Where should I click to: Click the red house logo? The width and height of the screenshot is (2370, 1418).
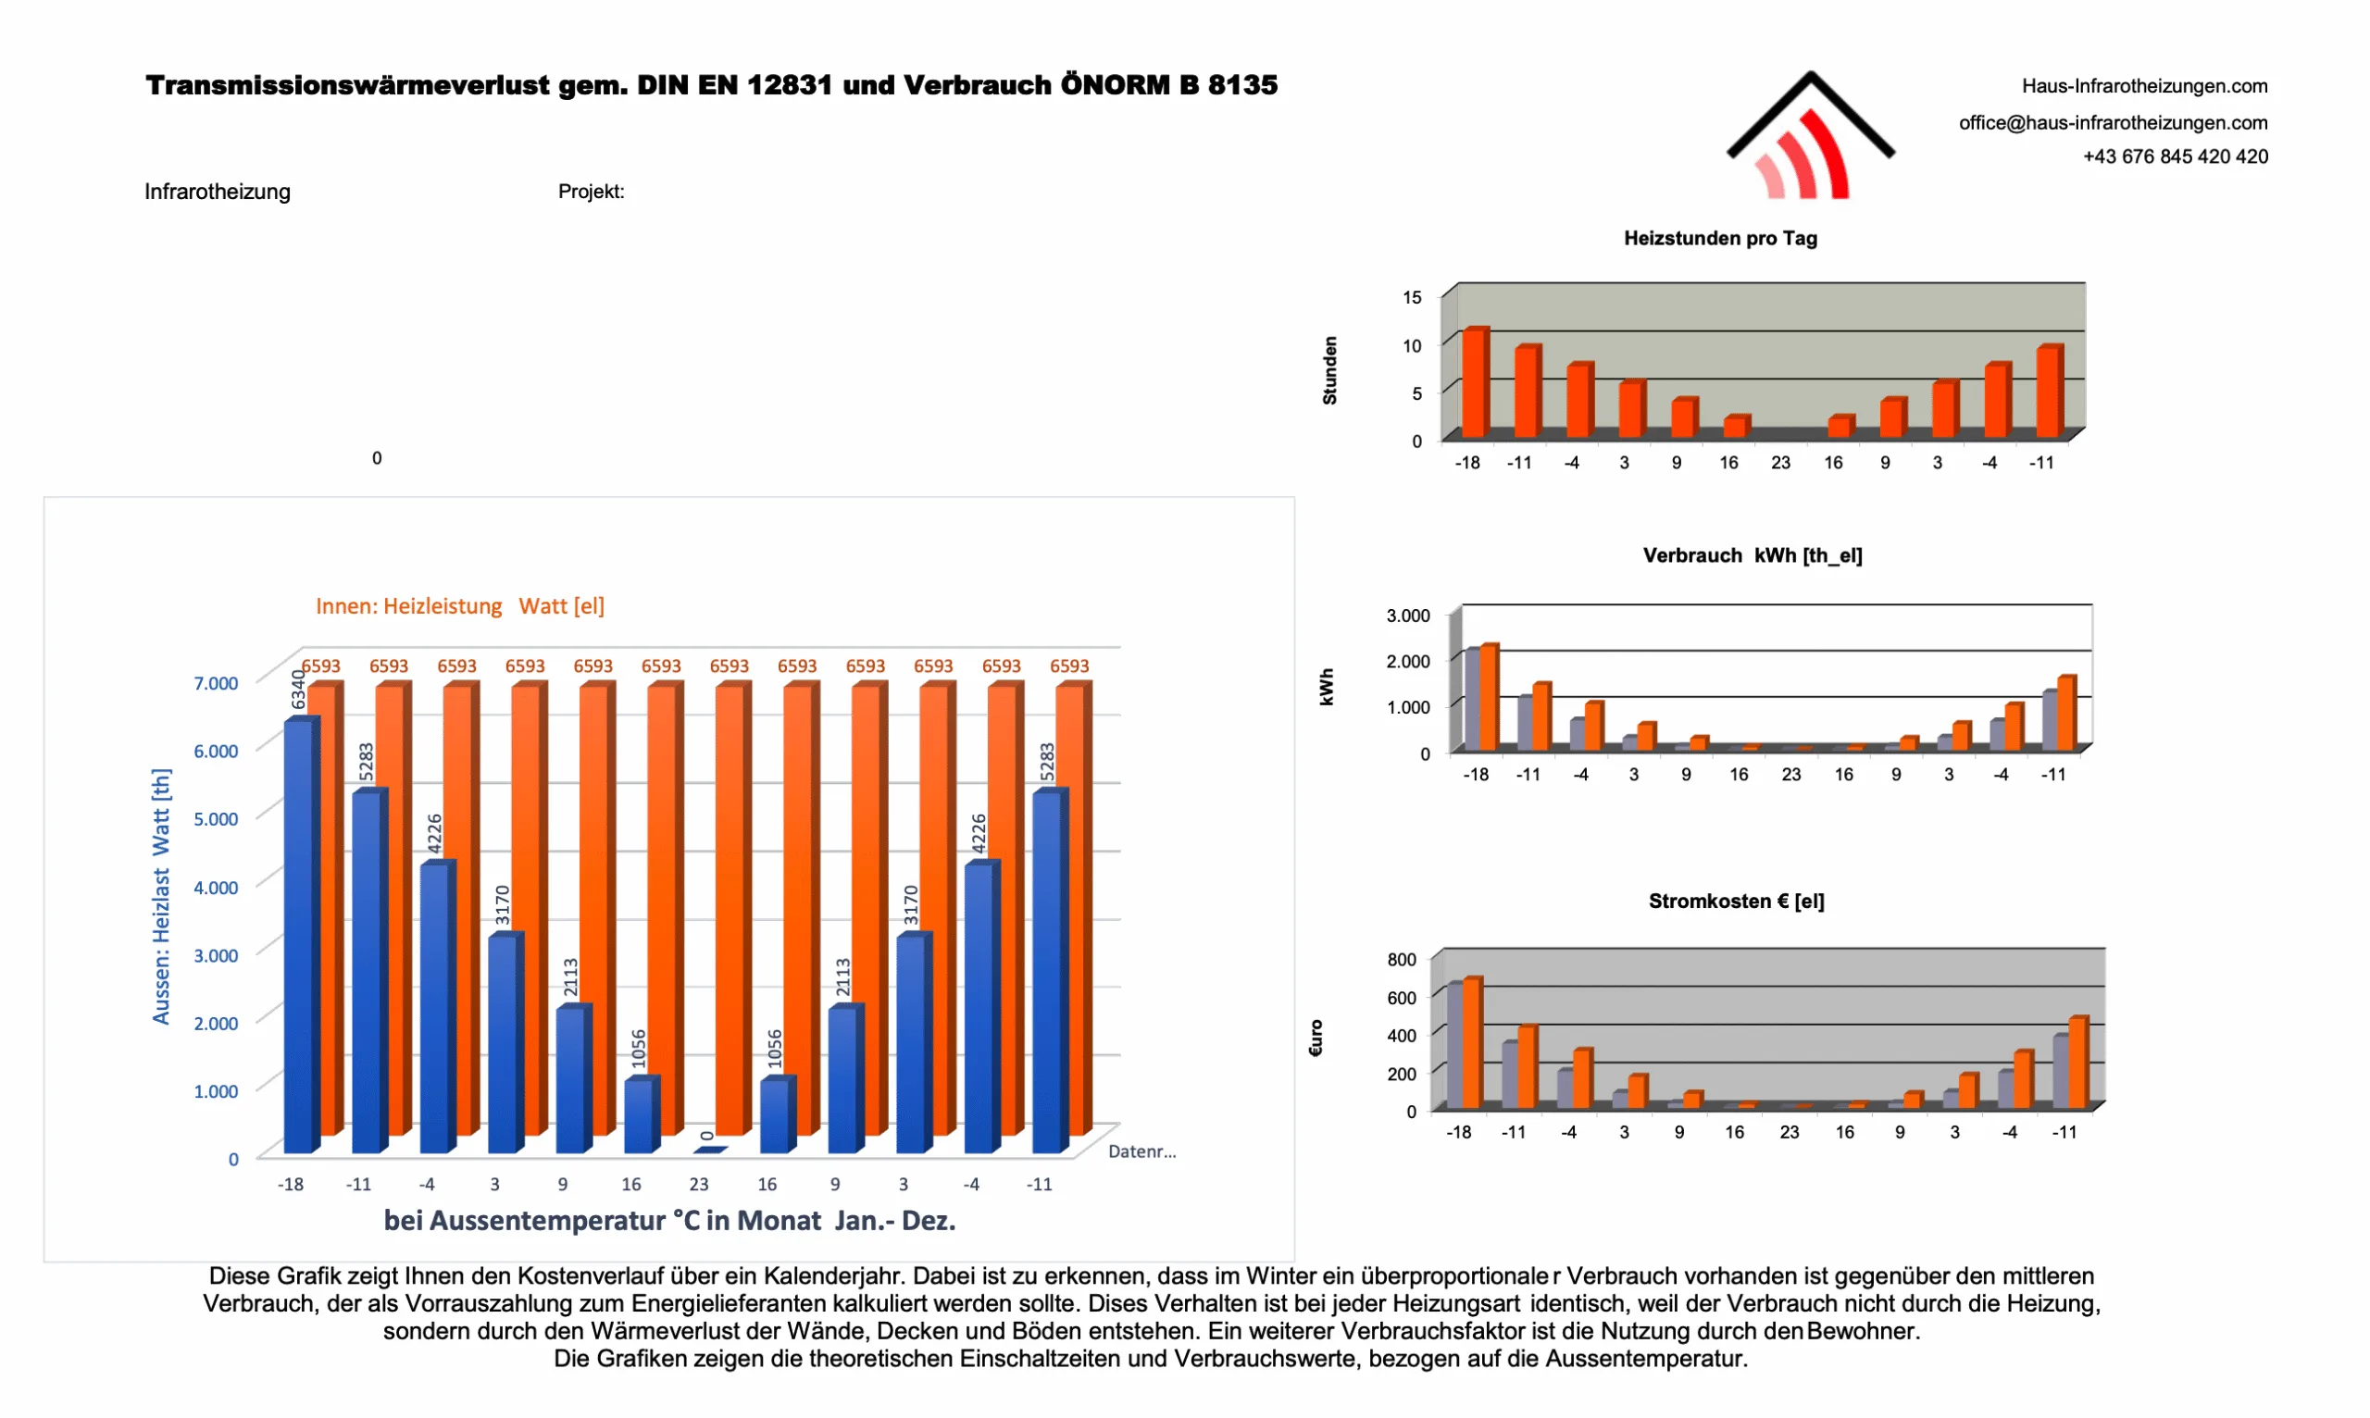[1809, 139]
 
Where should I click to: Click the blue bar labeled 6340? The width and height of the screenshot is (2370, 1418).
[298, 937]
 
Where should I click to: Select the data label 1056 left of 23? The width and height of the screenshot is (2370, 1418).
[640, 1050]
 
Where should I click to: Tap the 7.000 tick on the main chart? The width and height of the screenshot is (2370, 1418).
[216, 683]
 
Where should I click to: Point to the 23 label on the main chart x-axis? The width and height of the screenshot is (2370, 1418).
[699, 1185]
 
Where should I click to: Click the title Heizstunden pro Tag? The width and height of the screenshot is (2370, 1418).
[1720, 239]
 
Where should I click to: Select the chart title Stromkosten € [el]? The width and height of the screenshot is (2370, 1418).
[1736, 902]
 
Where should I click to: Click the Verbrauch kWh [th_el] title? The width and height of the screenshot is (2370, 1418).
[1752, 556]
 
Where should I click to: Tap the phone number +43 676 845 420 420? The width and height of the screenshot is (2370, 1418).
[2174, 156]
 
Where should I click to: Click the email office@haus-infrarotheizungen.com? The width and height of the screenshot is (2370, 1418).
[2112, 122]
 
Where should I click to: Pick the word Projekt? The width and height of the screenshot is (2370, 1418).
[591, 193]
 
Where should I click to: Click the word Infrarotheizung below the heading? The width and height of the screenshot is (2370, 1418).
[218, 193]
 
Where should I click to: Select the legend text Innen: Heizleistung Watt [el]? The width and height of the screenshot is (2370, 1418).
[460, 607]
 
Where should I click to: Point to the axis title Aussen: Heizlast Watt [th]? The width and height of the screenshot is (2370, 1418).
[161, 896]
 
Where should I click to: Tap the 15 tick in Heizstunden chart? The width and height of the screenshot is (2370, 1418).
[1412, 298]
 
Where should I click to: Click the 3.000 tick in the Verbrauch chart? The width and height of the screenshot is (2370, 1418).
[1408, 616]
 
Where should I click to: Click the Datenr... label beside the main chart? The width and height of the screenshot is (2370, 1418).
[1141, 1152]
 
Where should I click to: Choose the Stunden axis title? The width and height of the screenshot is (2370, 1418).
[1329, 371]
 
